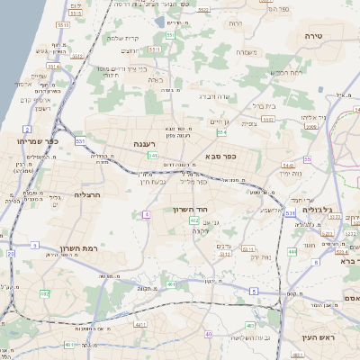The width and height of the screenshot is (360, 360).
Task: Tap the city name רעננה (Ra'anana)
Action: (x=145, y=143)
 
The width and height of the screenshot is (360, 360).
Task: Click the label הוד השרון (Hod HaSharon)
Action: (x=191, y=208)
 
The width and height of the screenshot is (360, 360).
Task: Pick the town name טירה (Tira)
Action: (x=326, y=35)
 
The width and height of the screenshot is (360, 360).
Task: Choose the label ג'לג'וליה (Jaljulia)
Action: (x=319, y=209)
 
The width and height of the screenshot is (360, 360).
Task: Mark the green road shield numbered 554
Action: (x=221, y=132)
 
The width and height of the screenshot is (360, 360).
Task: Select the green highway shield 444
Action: (x=291, y=252)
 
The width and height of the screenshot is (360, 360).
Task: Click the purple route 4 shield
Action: (x=146, y=214)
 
